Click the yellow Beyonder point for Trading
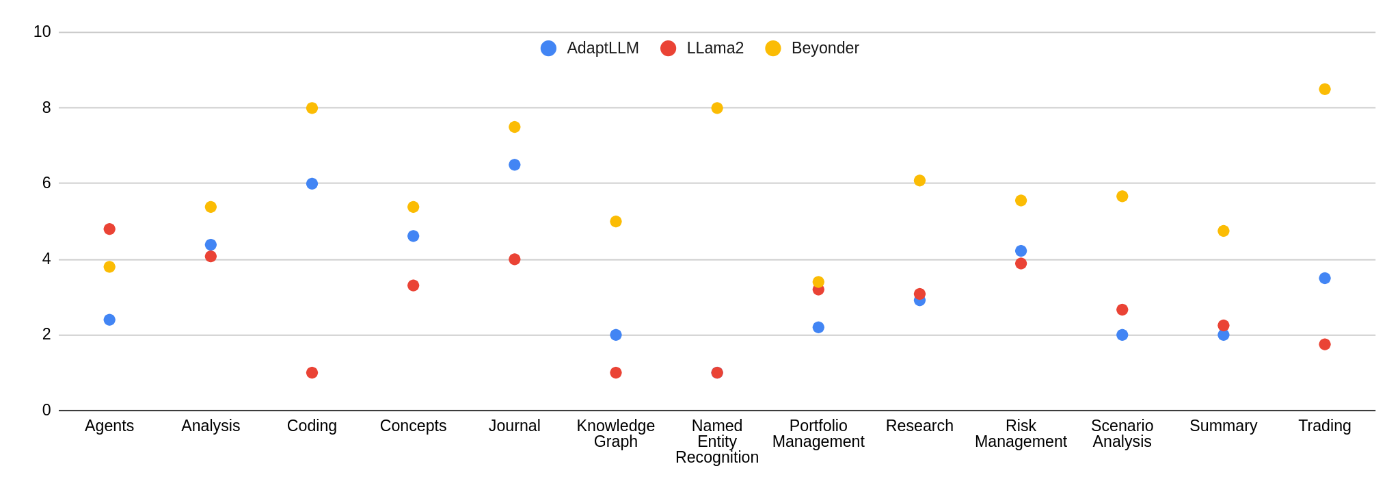[1324, 89]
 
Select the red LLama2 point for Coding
[312, 373]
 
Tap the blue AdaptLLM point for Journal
[515, 165]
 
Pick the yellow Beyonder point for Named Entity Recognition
[717, 108]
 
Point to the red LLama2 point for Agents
[109, 229]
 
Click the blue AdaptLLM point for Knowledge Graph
[616, 335]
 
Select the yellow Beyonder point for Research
[919, 181]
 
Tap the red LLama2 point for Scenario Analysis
[1122, 310]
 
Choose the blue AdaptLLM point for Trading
[1324, 279]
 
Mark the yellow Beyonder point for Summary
[1223, 231]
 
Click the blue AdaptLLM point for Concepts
[413, 236]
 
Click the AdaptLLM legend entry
[589, 49]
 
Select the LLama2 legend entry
[702, 49]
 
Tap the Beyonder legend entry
[812, 49]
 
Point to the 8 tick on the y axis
[46, 107]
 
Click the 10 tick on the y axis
[42, 31]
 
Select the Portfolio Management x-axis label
[818, 434]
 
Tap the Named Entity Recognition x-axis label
[717, 441]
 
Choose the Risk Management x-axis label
[1021, 434]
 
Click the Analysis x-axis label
[211, 426]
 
